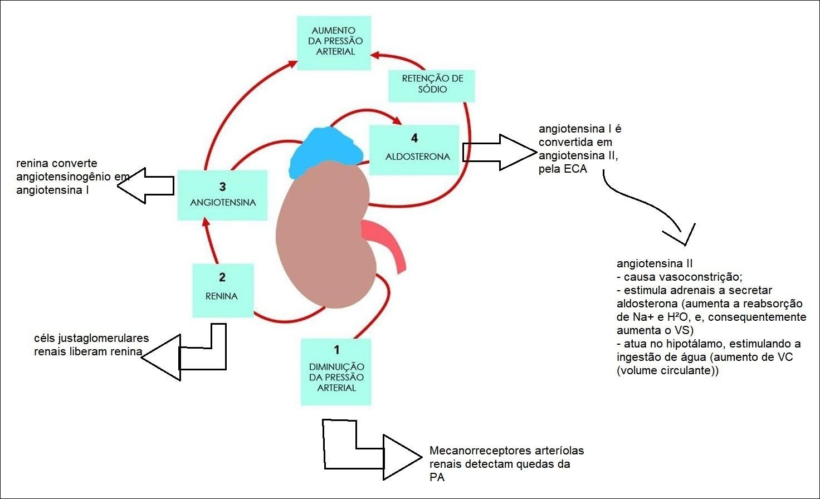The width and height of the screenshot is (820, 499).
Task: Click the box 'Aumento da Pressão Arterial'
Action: pyautogui.click(x=334, y=42)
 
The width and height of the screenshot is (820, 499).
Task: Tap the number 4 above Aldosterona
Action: pyautogui.click(x=414, y=138)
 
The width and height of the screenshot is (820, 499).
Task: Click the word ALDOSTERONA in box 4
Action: pyautogui.click(x=417, y=156)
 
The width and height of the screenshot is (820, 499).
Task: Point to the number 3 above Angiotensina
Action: pyautogui.click(x=223, y=187)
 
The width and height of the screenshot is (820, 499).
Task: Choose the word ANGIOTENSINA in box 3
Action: pyautogui.click(x=223, y=203)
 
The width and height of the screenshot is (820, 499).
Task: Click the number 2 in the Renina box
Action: pyautogui.click(x=222, y=277)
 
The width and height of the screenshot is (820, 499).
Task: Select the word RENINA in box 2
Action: pyautogui.click(x=221, y=296)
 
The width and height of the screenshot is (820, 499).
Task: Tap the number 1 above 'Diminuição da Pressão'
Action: pyautogui.click(x=336, y=350)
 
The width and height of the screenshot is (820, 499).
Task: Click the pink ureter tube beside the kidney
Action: pyautogui.click(x=387, y=242)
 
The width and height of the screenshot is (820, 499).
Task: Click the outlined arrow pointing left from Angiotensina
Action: pyautogui.click(x=146, y=185)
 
